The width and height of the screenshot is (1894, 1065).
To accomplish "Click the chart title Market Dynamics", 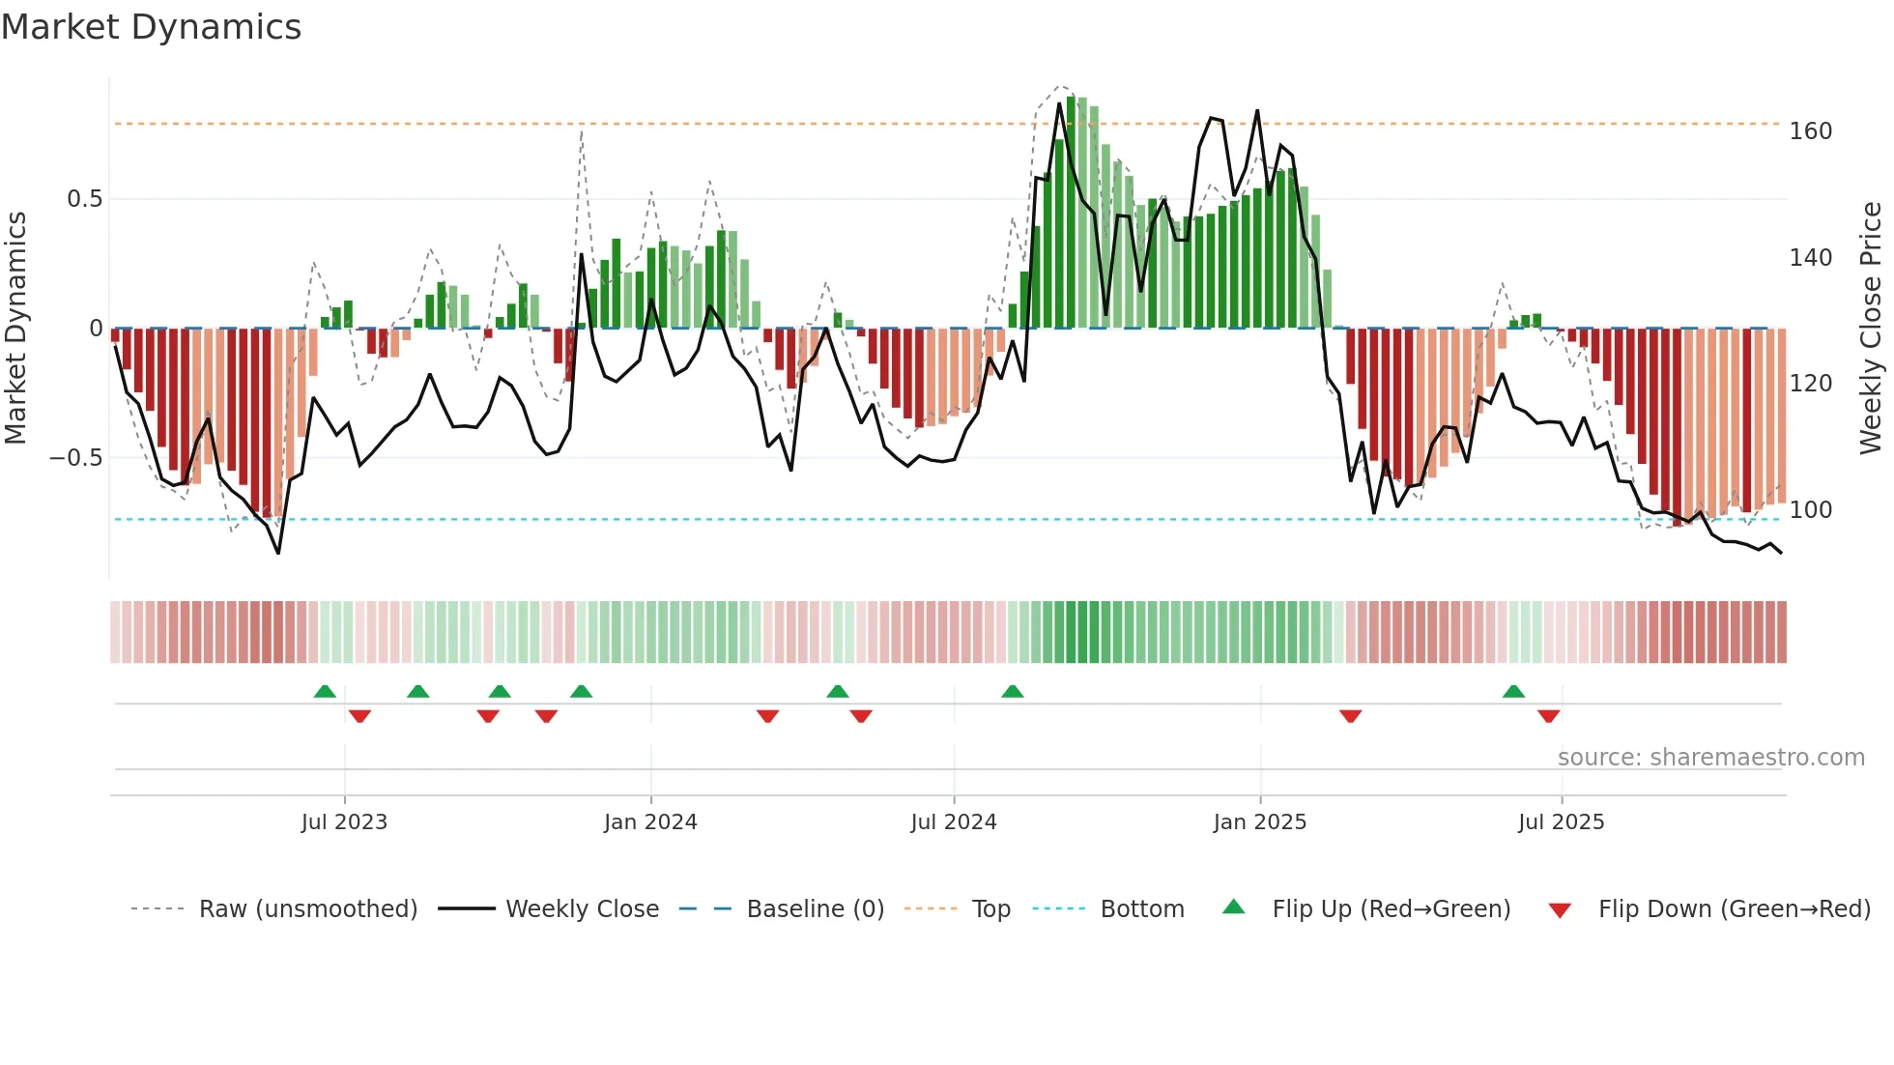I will click(151, 27).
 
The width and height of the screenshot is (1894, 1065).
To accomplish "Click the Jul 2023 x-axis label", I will click(344, 822).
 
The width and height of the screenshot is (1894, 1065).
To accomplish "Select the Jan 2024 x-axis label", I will click(650, 822).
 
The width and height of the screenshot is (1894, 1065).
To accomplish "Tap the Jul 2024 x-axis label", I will click(953, 822).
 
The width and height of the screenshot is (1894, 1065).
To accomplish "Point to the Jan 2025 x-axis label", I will click(1259, 822).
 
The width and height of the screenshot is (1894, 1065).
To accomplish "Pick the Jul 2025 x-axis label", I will click(1561, 822).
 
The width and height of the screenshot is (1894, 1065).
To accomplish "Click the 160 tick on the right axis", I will click(1810, 131).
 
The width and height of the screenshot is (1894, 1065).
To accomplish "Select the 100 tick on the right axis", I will click(1810, 510).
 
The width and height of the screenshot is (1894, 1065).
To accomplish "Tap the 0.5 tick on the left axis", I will click(84, 199).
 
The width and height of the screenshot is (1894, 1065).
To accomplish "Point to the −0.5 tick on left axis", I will click(76, 458).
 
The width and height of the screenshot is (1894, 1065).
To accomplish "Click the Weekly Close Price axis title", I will click(1871, 329).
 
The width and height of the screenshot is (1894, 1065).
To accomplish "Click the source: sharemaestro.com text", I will click(1710, 758).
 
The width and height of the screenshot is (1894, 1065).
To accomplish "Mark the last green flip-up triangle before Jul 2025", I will click(1513, 692).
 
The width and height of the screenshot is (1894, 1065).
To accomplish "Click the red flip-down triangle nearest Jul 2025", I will click(1548, 716).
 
